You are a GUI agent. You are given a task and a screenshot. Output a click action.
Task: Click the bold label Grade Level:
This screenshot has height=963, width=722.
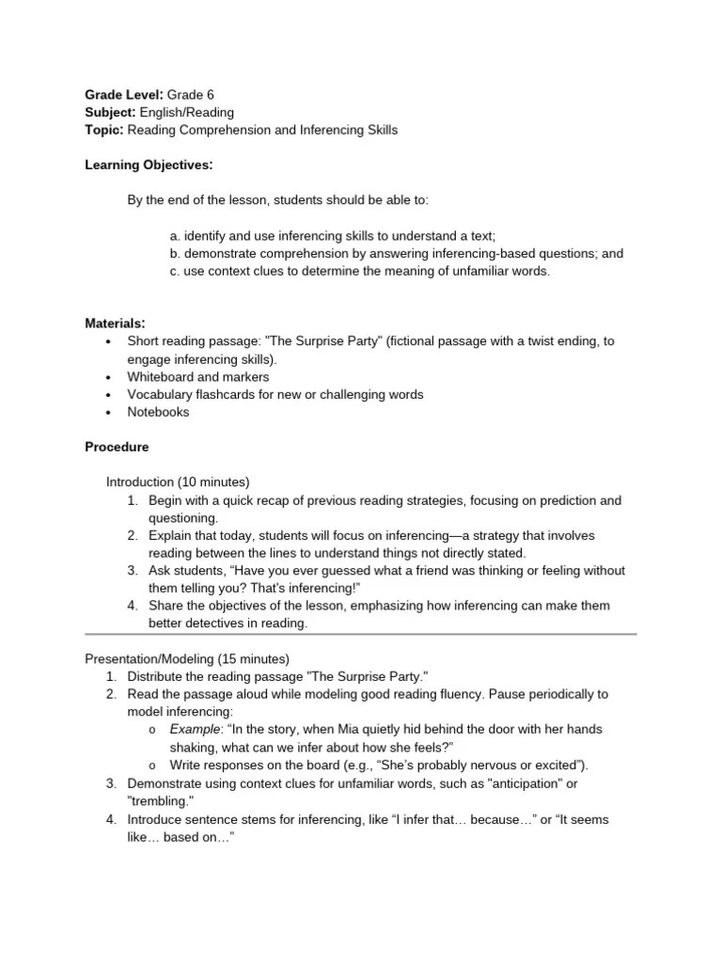click(x=124, y=95)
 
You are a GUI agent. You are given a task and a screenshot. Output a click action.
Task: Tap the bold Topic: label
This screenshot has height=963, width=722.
click(x=104, y=130)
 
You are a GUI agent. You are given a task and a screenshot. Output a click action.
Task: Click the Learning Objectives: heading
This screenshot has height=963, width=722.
click(x=149, y=166)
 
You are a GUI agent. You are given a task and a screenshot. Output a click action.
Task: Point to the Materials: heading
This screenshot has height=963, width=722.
click(x=115, y=324)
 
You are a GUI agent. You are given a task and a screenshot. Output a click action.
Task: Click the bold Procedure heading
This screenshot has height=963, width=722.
click(x=117, y=447)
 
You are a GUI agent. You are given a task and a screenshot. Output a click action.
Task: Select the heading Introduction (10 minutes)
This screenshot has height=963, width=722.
click(x=178, y=482)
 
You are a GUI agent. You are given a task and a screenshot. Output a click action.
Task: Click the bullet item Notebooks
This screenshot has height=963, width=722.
click(x=158, y=412)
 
